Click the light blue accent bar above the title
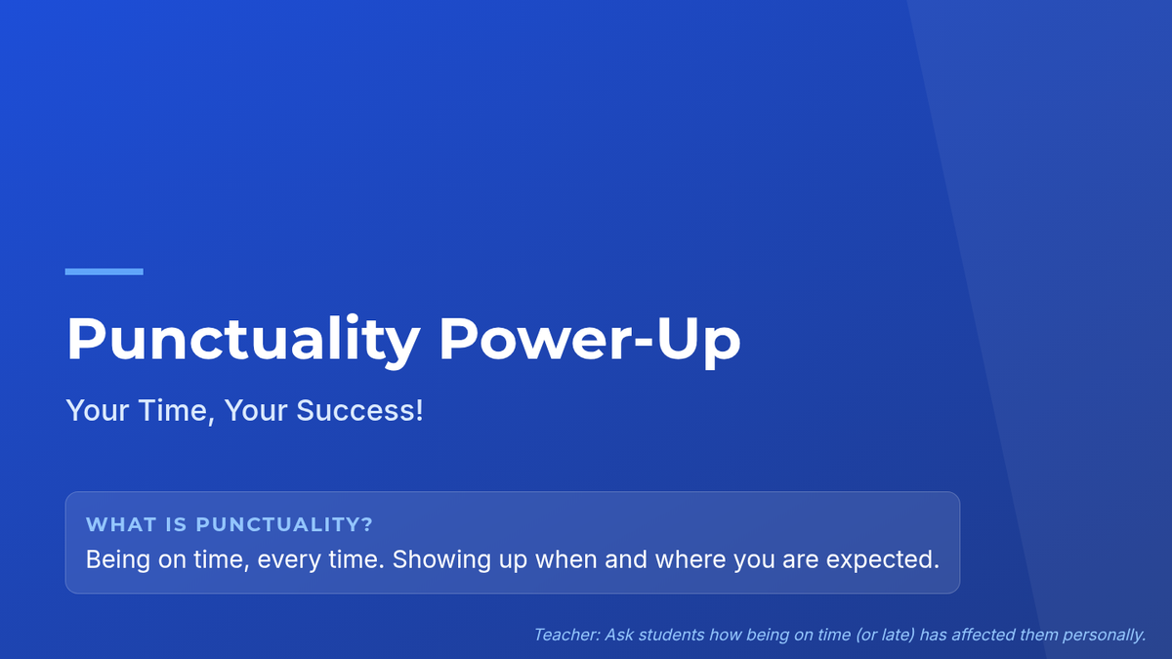[x=105, y=271]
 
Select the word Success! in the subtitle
[x=360, y=410]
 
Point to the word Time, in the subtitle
[x=177, y=411]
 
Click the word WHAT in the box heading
[x=121, y=524]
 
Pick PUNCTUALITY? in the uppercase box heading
[x=284, y=524]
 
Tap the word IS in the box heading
[x=176, y=524]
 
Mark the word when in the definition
[x=566, y=559]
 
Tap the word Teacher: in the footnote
[x=567, y=635]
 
